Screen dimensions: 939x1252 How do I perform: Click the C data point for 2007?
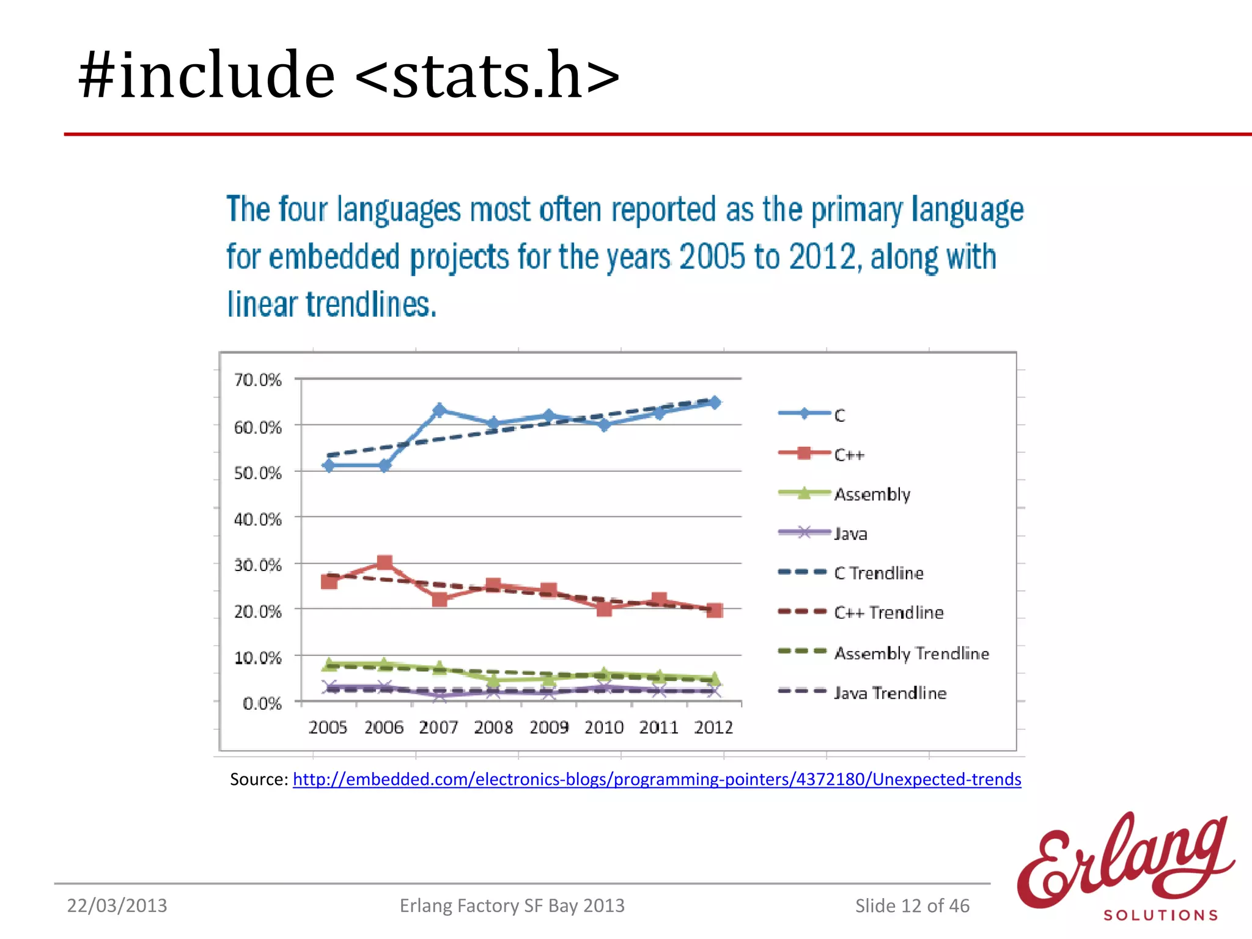click(439, 410)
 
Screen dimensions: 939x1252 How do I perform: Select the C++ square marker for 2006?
click(385, 562)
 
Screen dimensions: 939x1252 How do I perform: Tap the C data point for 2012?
click(714, 402)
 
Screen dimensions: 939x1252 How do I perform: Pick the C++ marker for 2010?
click(604, 608)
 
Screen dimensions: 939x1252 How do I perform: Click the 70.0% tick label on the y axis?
click(257, 380)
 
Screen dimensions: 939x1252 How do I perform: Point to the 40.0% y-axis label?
click(257, 520)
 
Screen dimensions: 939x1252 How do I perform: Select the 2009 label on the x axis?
click(548, 727)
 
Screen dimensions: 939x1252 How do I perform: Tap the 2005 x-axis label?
click(328, 727)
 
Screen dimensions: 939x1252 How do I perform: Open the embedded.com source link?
click(657, 779)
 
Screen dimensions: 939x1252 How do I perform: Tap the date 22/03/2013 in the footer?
click(117, 905)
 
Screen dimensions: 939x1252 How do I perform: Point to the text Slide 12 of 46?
click(912, 905)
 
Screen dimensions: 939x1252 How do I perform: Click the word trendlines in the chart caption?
click(371, 304)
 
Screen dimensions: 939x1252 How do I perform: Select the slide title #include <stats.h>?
click(349, 75)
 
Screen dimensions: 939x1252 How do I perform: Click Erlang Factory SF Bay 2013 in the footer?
click(512, 905)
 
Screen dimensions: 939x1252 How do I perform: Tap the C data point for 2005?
click(329, 466)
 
